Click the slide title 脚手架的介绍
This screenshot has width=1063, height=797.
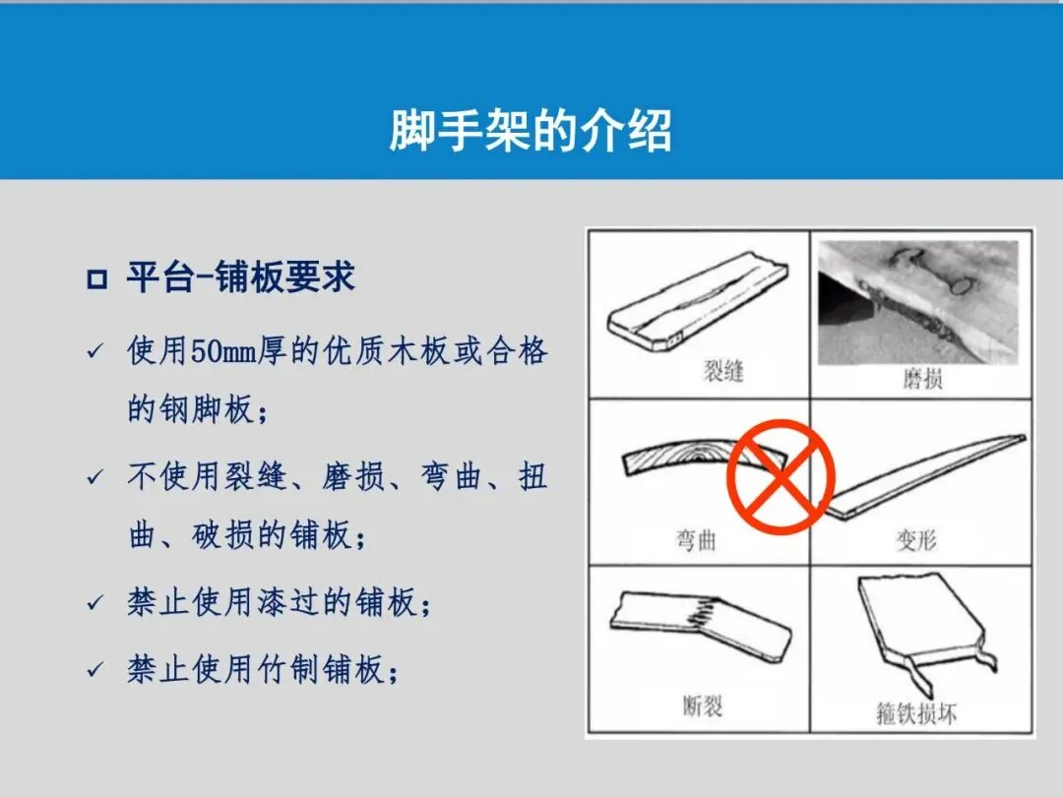click(531, 130)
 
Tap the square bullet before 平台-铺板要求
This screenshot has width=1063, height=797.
click(96, 279)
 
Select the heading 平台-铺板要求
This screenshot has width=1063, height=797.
click(241, 277)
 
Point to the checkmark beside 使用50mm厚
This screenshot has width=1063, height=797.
click(94, 351)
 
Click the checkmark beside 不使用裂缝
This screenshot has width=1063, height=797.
click(94, 477)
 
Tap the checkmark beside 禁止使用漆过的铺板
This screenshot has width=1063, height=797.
click(94, 602)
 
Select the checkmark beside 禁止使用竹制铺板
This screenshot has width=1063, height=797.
click(94, 670)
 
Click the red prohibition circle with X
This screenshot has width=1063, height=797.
click(781, 476)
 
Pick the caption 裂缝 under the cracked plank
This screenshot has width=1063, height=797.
click(723, 371)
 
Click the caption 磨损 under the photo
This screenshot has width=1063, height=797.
click(922, 378)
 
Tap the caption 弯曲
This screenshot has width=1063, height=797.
click(696, 540)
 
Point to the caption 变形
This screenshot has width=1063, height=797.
click(916, 540)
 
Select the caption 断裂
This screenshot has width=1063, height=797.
click(703, 706)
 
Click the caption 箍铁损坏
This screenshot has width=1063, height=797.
click(916, 713)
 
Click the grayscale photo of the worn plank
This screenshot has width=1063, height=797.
click(918, 303)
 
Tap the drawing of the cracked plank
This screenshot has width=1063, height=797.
click(698, 302)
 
